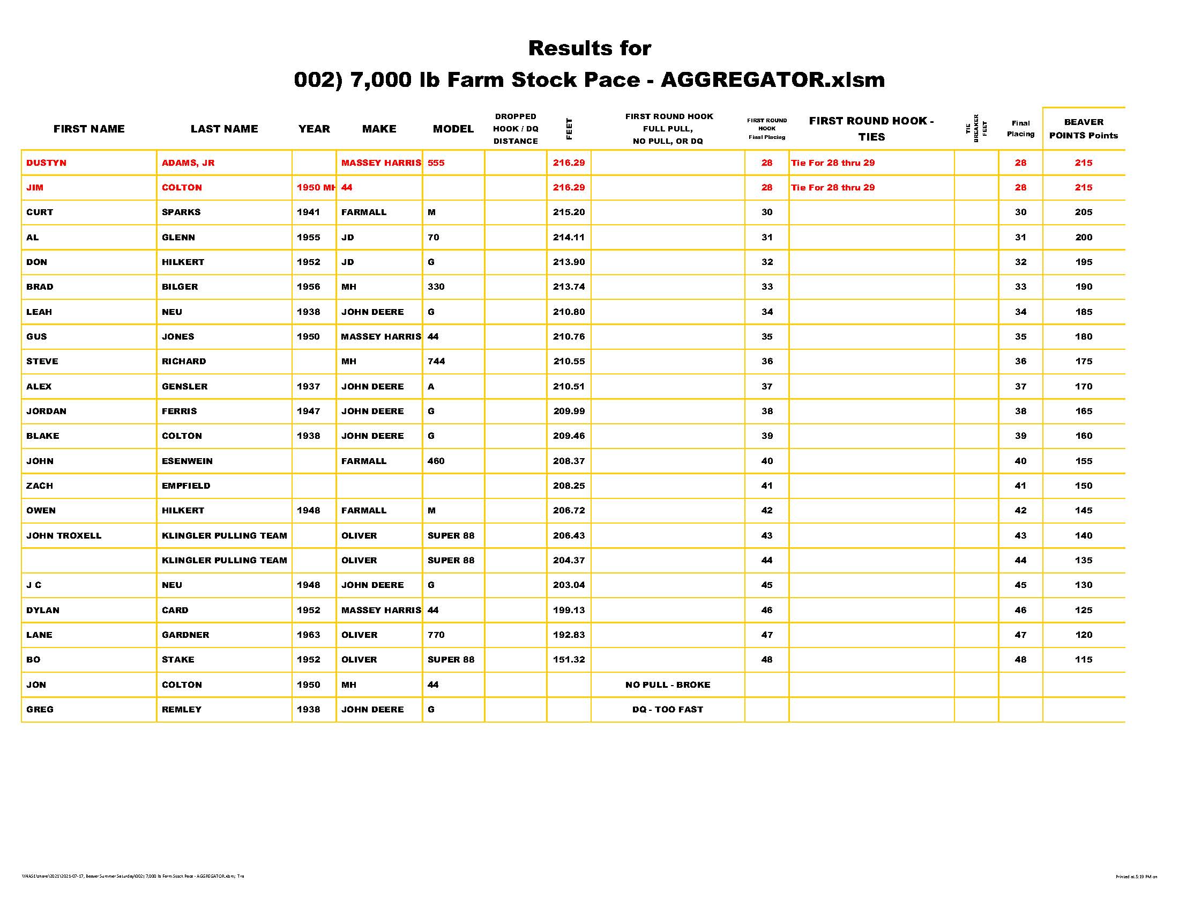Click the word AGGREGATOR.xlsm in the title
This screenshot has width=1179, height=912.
772,80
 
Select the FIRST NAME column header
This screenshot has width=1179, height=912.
89,129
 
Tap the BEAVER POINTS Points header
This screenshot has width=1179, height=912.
1083,129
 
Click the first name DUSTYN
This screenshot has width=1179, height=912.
47,163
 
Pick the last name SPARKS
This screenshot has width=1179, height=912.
181,212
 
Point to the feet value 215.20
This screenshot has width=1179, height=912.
569,212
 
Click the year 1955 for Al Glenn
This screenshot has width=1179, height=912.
308,237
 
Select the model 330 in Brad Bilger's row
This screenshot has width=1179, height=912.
436,287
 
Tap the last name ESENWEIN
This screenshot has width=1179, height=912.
187,461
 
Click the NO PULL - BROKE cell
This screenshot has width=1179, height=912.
667,685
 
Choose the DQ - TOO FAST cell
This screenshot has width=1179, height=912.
667,709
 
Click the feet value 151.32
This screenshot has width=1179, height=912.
569,660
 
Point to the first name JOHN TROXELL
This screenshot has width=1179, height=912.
64,535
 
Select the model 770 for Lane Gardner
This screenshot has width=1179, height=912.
436,635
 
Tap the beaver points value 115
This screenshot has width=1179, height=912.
1083,660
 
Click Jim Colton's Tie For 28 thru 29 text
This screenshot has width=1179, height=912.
832,187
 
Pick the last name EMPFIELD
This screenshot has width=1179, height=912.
186,486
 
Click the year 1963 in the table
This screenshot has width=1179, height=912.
308,635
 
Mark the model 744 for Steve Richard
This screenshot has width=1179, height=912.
436,362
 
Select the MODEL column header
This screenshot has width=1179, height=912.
453,129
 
